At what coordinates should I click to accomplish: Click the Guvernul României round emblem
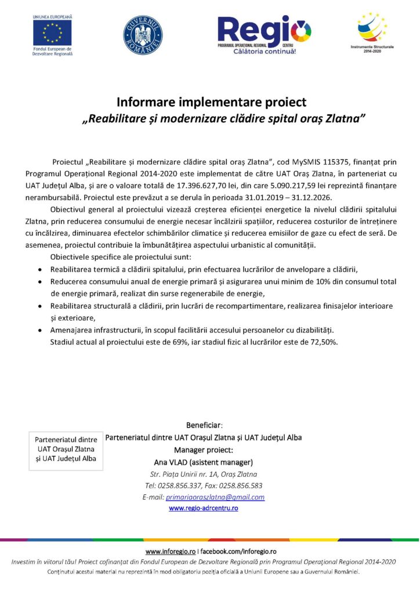(143, 35)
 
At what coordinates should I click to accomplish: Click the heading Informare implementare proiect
(211, 103)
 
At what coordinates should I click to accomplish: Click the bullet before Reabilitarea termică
(39, 270)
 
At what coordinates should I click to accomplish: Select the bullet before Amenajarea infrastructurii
(39, 330)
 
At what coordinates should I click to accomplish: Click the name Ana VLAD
(172, 462)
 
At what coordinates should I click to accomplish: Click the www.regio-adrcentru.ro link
(203, 508)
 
